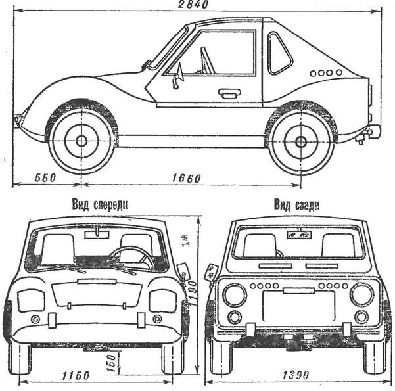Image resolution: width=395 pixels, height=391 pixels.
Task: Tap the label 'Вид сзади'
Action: click(x=296, y=204)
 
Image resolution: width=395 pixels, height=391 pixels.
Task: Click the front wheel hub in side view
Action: click(x=81, y=141)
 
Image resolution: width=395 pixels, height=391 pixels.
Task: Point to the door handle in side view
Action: click(x=229, y=94)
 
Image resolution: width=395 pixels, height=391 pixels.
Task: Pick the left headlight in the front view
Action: click(x=30, y=300)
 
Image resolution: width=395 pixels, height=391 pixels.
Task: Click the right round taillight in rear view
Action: click(x=361, y=294)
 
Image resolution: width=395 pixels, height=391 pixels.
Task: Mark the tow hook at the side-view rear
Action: click(x=360, y=138)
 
